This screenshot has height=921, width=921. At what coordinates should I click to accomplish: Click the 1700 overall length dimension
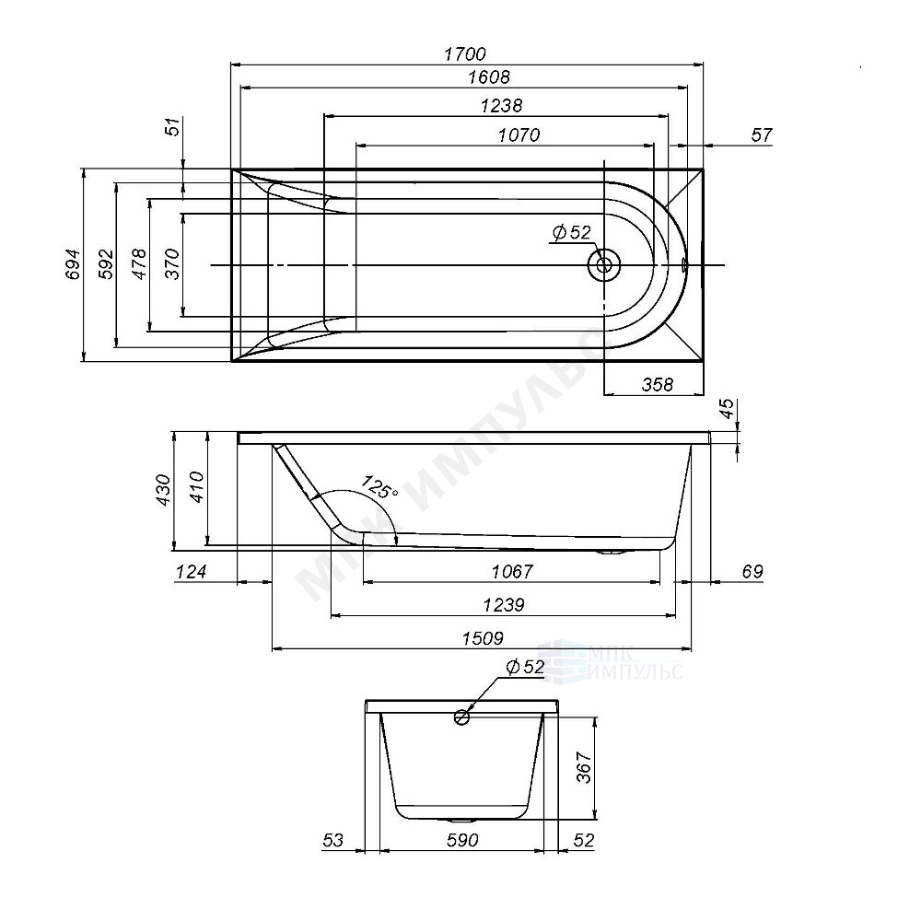[x=464, y=54]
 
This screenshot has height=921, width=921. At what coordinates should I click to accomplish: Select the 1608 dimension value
[x=489, y=77]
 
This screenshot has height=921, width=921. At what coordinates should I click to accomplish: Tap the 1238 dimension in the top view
[x=501, y=106]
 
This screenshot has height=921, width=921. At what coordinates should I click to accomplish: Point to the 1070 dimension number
[x=519, y=135]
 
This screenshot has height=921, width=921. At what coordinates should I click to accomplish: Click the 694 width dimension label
[x=72, y=264]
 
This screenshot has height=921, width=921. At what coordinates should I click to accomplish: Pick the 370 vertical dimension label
[x=171, y=264]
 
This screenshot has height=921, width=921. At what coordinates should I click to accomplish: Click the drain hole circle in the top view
[x=604, y=265]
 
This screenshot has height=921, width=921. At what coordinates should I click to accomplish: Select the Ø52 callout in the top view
[x=572, y=233]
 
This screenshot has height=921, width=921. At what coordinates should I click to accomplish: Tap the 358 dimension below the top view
[x=658, y=385]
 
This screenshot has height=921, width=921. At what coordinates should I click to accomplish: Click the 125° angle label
[x=379, y=487]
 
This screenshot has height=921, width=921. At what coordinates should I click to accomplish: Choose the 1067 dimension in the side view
[x=512, y=571]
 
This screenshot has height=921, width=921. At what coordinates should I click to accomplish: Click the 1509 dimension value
[x=483, y=638]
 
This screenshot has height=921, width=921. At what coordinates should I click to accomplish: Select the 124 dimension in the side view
[x=192, y=571]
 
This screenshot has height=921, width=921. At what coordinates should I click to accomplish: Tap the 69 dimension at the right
[x=752, y=571]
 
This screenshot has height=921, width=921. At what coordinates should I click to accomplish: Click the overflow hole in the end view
[x=461, y=717]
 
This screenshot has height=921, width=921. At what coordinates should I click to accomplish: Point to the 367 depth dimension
[x=584, y=767]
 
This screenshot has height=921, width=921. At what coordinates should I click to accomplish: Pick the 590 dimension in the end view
[x=462, y=841]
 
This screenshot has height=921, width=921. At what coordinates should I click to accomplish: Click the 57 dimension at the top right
[x=762, y=135]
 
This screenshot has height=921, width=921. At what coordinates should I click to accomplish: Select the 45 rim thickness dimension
[x=728, y=409]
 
